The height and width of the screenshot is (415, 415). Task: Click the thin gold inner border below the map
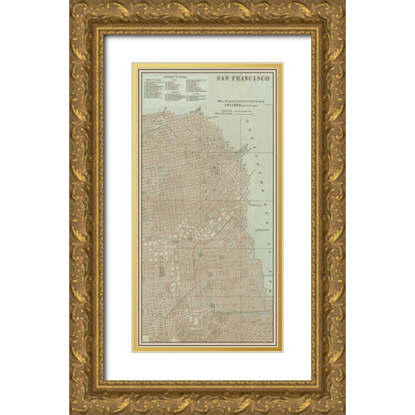tap(207, 349)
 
